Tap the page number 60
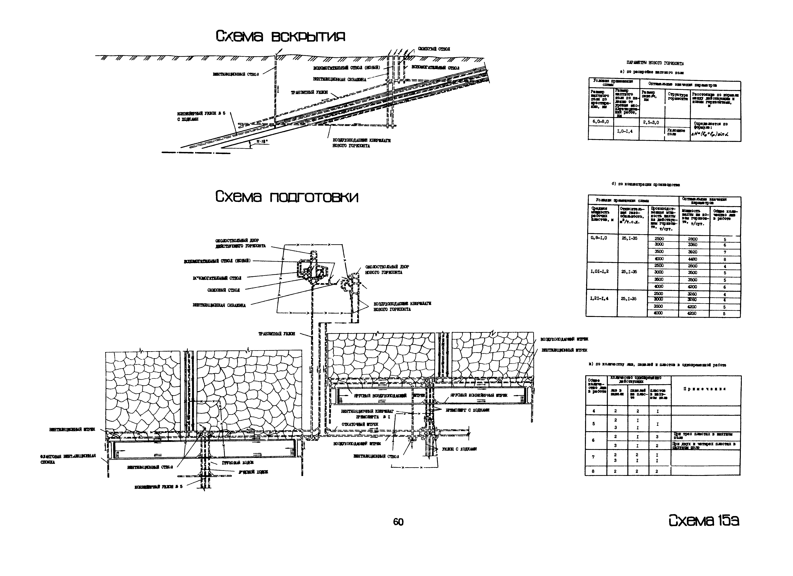pos(398,522)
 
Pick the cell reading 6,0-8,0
pos(600,122)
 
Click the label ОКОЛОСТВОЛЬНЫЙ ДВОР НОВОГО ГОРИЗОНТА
pos(387,269)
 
